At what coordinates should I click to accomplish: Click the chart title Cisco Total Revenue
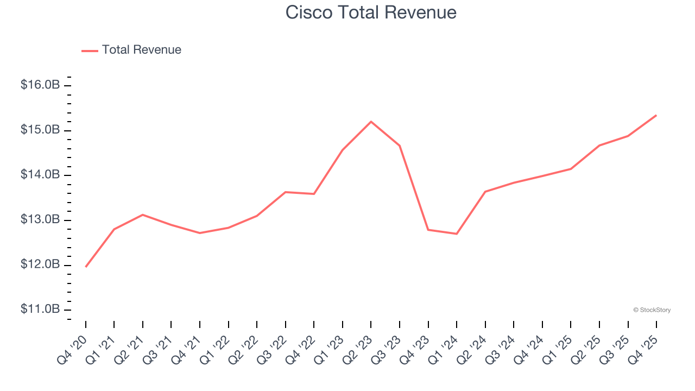[x=371, y=12]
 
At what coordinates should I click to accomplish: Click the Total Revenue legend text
[x=141, y=50]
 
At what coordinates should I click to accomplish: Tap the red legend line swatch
[x=90, y=51]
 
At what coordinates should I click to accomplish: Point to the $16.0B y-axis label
[x=40, y=85]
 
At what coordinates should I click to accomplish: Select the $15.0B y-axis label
[x=40, y=130]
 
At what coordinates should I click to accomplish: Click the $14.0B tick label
[x=40, y=175]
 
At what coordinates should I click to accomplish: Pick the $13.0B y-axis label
[x=40, y=220]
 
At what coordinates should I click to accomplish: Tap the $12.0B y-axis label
[x=40, y=265]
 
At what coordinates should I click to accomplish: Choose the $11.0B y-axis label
[x=40, y=310]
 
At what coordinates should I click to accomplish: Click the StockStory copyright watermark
[x=652, y=310]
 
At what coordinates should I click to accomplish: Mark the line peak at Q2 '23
[x=371, y=122]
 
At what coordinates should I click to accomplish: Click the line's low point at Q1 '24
[x=457, y=234]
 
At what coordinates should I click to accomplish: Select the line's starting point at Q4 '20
[x=86, y=267]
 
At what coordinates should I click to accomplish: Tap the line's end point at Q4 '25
[x=656, y=115]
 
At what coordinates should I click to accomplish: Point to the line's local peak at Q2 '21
[x=143, y=215]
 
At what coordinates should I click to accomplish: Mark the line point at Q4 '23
[x=428, y=230]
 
